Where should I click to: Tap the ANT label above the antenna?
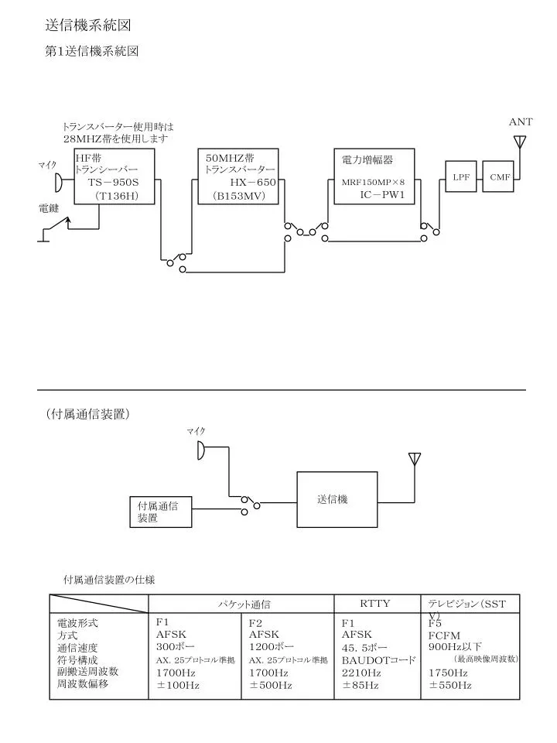(521, 122)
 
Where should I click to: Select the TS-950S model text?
(113, 183)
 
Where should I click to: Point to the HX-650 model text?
(253, 183)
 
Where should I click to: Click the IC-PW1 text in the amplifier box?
(382, 194)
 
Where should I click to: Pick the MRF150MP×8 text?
(373, 182)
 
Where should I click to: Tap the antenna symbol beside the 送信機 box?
(415, 460)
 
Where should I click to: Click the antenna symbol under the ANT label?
(520, 142)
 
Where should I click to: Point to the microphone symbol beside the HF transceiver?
(58, 182)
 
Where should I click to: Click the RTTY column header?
(374, 603)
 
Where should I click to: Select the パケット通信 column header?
(244, 604)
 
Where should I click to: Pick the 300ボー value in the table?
(176, 647)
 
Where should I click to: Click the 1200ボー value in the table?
(272, 647)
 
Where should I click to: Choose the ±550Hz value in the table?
(450, 685)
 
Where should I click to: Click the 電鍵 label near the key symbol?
(48, 208)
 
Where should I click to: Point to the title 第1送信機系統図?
(91, 51)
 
